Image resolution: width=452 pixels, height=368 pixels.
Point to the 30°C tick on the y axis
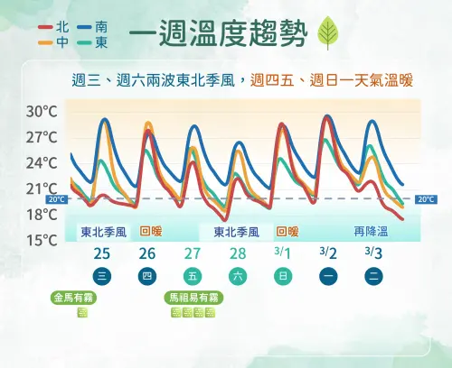click(42, 112)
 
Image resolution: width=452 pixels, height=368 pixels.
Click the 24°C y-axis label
click(42, 163)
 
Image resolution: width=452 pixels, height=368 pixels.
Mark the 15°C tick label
click(42, 240)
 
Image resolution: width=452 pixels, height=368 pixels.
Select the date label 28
click(238, 253)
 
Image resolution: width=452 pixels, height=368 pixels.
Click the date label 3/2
click(328, 253)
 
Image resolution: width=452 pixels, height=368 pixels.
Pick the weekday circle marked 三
click(103, 275)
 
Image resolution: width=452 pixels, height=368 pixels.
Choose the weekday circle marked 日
click(283, 275)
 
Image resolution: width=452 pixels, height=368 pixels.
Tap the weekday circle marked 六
click(238, 275)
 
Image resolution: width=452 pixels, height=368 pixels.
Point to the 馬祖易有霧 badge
click(193, 297)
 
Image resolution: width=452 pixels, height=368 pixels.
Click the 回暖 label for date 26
click(150, 232)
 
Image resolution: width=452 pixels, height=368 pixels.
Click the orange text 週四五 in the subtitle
click(272, 80)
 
